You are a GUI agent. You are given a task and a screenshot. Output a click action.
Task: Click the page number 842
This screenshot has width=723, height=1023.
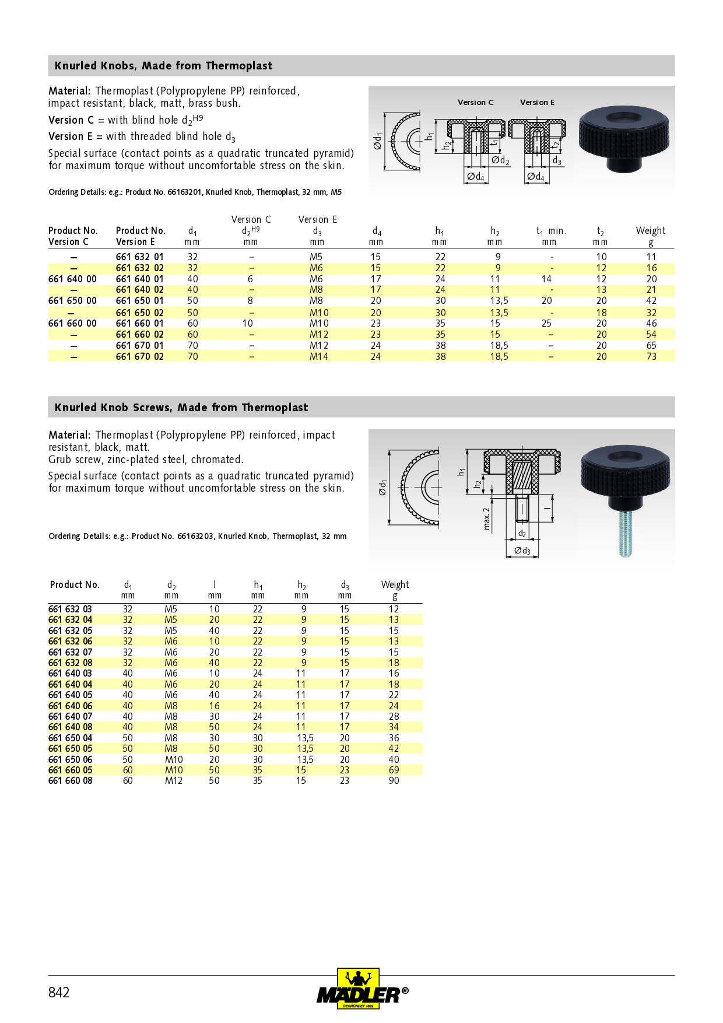click(59, 992)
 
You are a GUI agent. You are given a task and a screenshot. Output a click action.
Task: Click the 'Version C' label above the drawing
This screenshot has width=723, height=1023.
click(475, 102)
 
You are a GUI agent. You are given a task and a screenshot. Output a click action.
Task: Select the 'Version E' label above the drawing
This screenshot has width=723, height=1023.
click(537, 102)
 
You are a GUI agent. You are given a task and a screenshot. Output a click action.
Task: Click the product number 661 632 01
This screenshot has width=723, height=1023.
click(139, 257)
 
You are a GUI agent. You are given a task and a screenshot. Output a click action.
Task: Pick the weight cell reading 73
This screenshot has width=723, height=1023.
click(651, 356)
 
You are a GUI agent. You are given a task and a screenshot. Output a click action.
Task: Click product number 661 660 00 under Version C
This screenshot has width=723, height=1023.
click(72, 323)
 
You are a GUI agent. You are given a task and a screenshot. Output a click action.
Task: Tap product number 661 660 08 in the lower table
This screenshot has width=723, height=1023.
click(70, 780)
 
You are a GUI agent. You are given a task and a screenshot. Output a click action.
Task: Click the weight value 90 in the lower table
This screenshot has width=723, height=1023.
click(394, 780)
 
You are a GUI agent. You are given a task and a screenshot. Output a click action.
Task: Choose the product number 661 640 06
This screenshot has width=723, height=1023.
click(70, 706)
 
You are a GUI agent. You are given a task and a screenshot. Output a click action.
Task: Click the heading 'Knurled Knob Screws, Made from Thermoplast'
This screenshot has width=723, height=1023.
click(181, 407)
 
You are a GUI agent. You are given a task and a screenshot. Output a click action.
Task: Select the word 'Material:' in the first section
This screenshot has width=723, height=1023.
click(69, 91)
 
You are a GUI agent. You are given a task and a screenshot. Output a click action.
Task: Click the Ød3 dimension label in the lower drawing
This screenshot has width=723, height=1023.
click(522, 551)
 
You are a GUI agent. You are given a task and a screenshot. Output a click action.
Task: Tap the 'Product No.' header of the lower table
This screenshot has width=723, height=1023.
click(75, 584)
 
